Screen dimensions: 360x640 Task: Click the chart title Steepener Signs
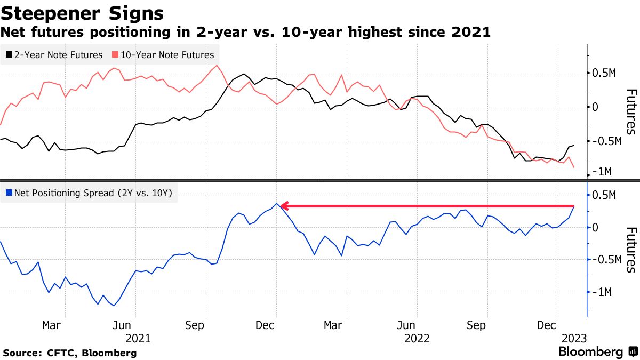click(82, 13)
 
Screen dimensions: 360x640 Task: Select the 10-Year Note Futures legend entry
click(163, 55)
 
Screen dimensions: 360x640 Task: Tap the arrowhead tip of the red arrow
click(282, 206)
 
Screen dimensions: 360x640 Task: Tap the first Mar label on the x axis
click(52, 325)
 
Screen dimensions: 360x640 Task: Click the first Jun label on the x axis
click(123, 325)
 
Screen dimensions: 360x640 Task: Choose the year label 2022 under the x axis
click(418, 339)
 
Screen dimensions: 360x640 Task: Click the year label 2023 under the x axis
click(573, 339)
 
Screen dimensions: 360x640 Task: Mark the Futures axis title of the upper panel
click(630, 111)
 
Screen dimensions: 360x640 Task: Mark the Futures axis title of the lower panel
click(630, 250)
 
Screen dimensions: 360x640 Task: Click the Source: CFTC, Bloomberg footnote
click(70, 353)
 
